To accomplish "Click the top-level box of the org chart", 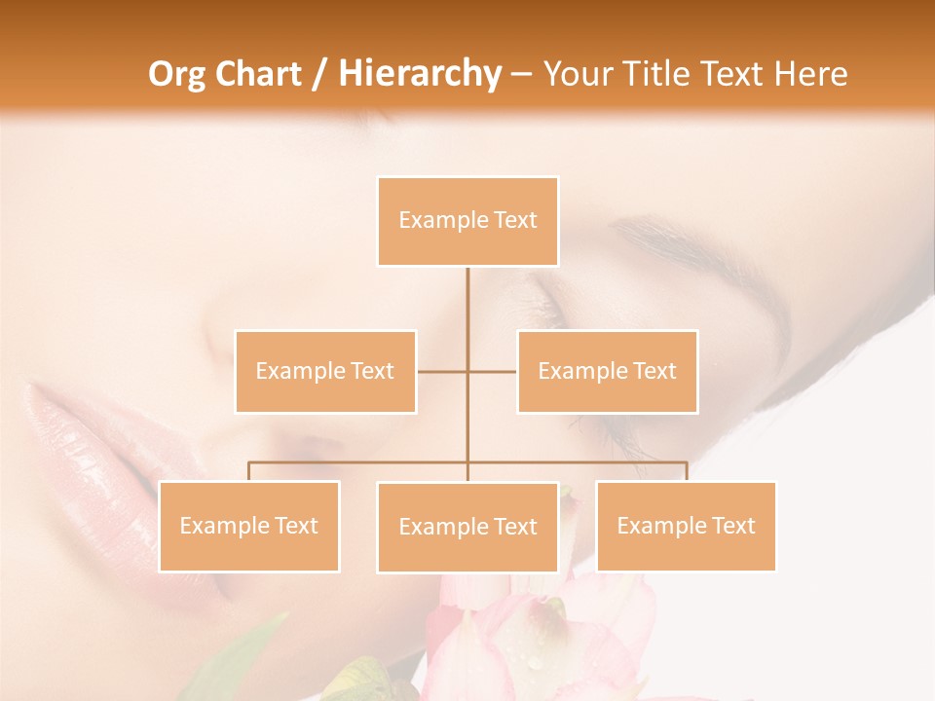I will (x=467, y=221).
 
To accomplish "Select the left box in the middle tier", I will (x=325, y=371).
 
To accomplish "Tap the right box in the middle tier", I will (x=607, y=371).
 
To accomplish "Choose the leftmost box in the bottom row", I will (x=249, y=526).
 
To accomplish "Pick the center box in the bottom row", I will (x=467, y=527).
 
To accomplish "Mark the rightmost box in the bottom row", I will (x=686, y=526).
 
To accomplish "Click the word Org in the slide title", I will (x=175, y=74).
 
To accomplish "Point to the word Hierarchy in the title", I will (x=419, y=74).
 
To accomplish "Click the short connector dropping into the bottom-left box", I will (x=249, y=471).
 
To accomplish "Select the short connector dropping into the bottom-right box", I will (x=686, y=471).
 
